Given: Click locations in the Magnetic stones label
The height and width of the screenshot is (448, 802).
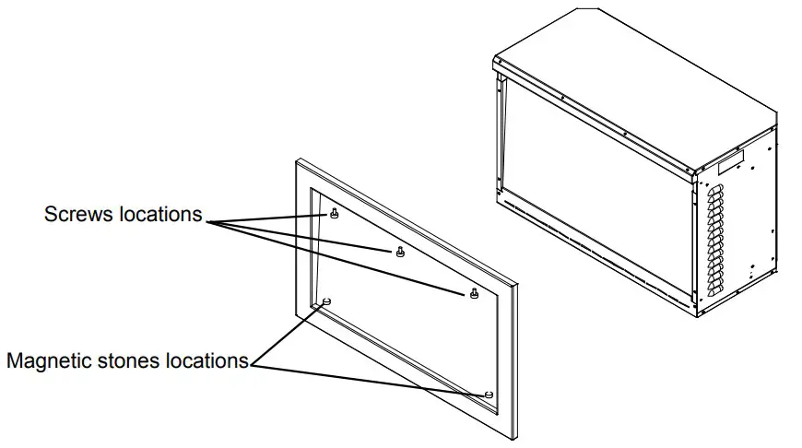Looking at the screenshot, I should coord(207,360).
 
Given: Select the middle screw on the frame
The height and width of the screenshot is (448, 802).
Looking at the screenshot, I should coord(399,252).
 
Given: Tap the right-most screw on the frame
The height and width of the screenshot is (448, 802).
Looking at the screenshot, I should coord(473,293).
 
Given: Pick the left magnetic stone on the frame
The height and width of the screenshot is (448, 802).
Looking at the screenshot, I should coord(326,301).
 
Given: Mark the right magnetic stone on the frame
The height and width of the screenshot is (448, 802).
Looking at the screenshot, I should coord(489,394).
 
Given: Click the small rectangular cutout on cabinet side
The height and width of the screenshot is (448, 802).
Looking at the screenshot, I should coord(730,163).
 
